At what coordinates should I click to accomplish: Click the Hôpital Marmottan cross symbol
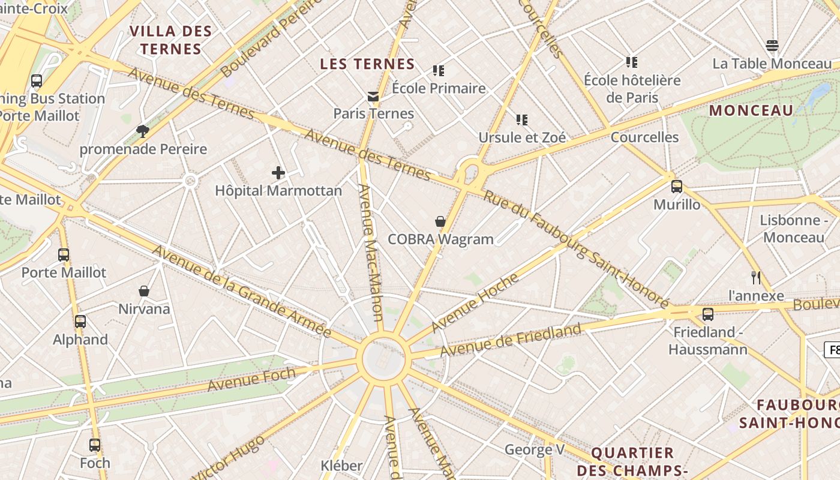278,173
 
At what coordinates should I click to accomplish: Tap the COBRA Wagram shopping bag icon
440,221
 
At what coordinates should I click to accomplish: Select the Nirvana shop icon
144,291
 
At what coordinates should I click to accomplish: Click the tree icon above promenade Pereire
142,131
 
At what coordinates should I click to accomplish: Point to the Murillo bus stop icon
677,187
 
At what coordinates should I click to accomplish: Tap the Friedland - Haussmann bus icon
708,314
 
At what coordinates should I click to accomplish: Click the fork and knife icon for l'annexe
756,277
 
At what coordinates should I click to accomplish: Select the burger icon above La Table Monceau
772,46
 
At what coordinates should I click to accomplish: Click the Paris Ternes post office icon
373,96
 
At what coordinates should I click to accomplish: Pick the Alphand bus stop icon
80,322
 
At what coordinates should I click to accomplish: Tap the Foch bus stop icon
95,445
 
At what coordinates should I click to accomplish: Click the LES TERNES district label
367,64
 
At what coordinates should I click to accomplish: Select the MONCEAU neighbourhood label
751,110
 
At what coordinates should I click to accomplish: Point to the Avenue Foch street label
252,379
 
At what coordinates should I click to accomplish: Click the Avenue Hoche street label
475,303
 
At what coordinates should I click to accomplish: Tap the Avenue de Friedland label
511,340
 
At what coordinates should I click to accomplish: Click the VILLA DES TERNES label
171,40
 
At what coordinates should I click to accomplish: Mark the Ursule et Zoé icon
522,120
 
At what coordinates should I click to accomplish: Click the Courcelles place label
644,137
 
